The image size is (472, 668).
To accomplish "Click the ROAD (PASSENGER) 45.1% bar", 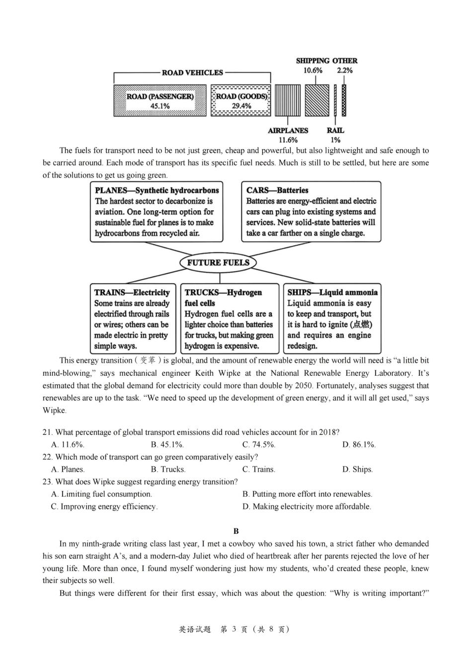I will coord(159,101).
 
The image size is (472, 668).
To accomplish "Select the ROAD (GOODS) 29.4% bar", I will coord(241,101).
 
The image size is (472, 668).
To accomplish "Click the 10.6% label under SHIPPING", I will coord(313,71).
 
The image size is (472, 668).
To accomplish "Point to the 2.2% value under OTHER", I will coord(345,71).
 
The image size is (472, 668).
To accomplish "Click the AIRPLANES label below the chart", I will coord(288,130).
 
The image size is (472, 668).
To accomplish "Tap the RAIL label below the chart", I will coord(335,130).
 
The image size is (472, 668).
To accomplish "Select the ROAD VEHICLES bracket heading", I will coord(192,73).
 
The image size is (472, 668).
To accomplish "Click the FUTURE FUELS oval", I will coord(218,262).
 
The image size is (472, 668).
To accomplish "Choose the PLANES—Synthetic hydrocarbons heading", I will coord(157,190).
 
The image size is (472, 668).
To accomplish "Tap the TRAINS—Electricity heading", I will coord(132,292).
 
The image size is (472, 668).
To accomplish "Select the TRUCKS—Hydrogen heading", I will coord(223,292).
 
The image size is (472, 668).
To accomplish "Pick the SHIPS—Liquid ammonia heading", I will coord(332,292).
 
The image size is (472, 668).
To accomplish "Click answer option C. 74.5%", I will coord(259,444).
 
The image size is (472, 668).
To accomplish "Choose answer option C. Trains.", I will coord(258,469).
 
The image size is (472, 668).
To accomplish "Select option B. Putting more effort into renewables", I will coord(307,494).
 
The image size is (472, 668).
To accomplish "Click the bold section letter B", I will coord(236,531).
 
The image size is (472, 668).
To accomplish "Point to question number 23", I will coord(48,482).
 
